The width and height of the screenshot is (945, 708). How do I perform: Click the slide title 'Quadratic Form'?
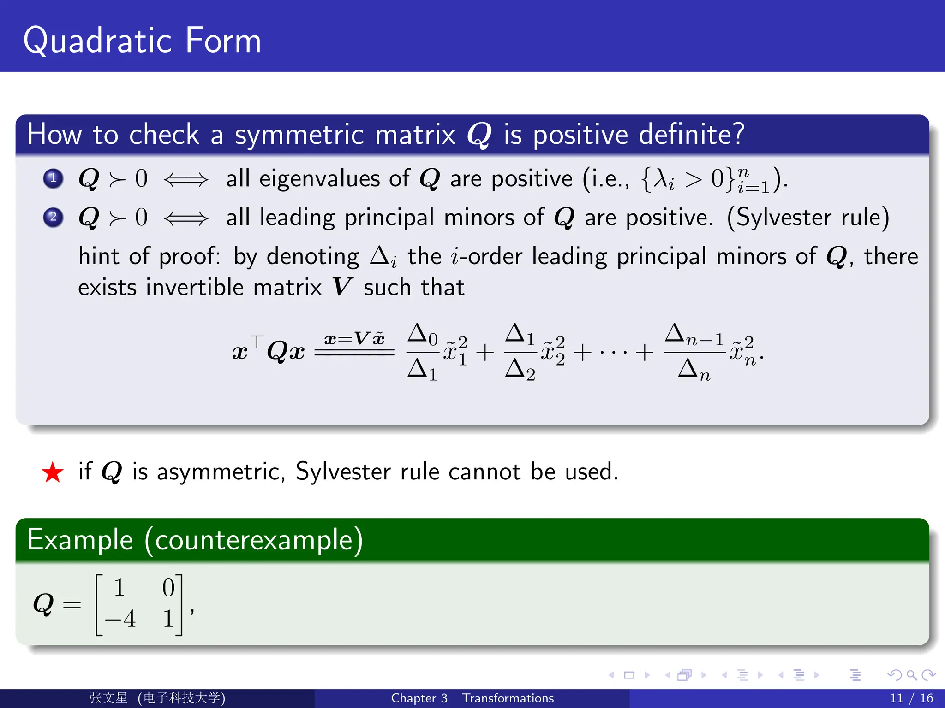[x=142, y=41]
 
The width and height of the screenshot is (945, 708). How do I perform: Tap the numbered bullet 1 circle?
[x=53, y=178]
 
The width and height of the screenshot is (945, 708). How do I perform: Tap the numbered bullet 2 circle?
[x=53, y=217]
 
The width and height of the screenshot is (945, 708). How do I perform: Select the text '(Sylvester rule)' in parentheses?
[x=808, y=217]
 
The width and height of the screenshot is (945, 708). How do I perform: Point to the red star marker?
[x=53, y=472]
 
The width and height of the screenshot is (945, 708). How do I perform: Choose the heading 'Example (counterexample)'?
[x=195, y=540]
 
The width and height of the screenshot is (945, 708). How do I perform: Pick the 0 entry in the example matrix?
[x=168, y=588]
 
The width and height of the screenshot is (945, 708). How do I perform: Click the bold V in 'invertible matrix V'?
[x=342, y=287]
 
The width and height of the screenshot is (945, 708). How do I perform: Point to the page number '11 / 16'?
[x=911, y=698]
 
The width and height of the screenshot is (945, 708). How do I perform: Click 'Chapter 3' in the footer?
[x=419, y=698]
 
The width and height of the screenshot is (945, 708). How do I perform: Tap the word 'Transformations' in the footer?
[x=508, y=698]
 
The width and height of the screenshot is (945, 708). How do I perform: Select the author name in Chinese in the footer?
[x=108, y=698]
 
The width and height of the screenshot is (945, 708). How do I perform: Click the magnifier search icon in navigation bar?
[x=911, y=675]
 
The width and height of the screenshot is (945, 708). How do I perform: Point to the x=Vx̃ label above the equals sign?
[x=354, y=339]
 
